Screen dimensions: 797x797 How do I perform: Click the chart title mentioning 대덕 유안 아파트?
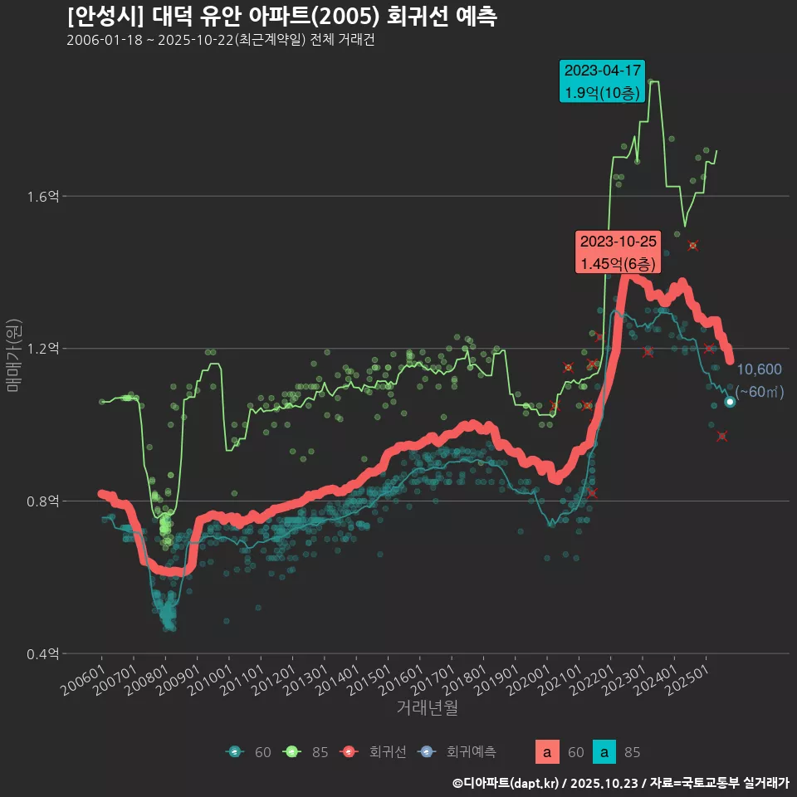(x=281, y=17)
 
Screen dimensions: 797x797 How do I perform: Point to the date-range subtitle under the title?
(x=220, y=40)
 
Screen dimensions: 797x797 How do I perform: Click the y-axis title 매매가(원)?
(x=13, y=355)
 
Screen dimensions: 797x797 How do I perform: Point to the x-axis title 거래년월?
(x=427, y=708)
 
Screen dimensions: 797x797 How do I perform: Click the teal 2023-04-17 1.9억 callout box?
(x=603, y=81)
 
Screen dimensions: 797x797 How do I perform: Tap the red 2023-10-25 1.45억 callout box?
(x=619, y=252)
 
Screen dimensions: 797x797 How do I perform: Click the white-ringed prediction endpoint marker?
(x=730, y=402)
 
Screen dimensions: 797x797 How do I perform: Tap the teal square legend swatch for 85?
(x=607, y=752)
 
